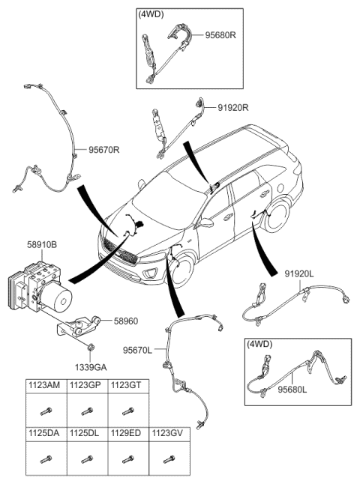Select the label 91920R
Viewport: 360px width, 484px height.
(x=232, y=108)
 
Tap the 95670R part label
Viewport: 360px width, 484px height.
(x=104, y=150)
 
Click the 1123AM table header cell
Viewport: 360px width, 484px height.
(x=45, y=385)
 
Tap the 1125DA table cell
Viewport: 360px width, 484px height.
(x=45, y=433)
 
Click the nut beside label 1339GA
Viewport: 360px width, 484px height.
(x=90, y=346)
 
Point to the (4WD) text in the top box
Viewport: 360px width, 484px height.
(x=151, y=14)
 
